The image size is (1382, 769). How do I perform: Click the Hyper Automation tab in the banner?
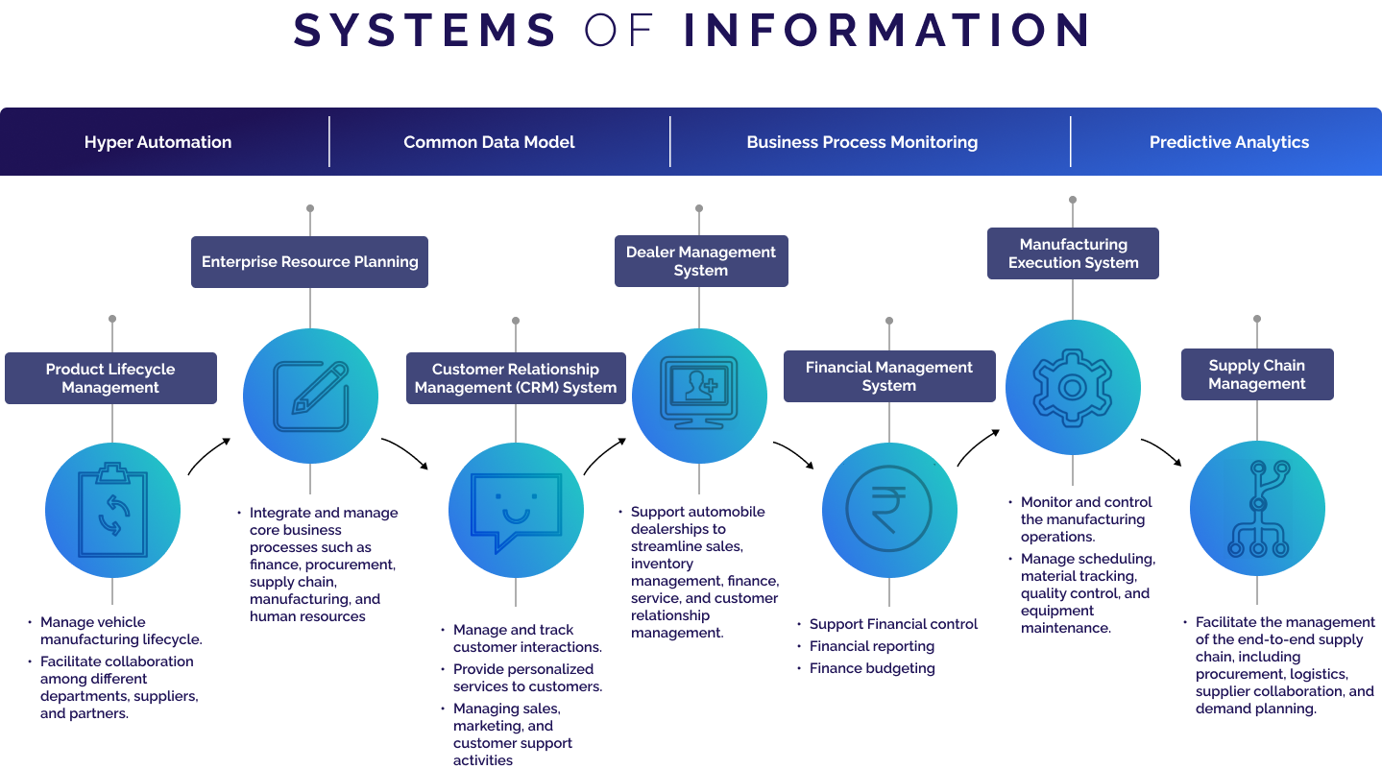point(158,142)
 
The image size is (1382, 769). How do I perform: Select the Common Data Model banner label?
point(489,142)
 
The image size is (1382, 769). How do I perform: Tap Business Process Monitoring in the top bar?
point(861,142)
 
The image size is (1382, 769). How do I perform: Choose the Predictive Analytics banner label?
point(1228,142)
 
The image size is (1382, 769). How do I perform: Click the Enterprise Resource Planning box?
point(309,261)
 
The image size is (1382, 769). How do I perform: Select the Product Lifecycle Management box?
point(110,378)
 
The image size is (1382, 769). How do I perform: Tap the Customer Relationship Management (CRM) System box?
point(516,378)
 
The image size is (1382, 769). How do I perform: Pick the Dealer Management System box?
point(701,261)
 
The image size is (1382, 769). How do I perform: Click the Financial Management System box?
point(889,376)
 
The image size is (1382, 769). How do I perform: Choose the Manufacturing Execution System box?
point(1073,253)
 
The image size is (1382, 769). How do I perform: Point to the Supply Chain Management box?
point(1257,374)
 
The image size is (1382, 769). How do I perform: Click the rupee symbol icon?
point(889,510)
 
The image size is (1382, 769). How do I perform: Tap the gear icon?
point(1073,387)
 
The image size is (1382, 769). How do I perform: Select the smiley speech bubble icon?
point(516,510)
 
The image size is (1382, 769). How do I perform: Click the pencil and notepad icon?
point(310,396)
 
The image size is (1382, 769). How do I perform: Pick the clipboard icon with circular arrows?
point(112,510)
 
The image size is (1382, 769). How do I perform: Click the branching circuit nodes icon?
point(1257,508)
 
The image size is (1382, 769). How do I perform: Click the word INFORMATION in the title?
point(885,31)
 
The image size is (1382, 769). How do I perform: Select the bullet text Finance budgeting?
point(872,668)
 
